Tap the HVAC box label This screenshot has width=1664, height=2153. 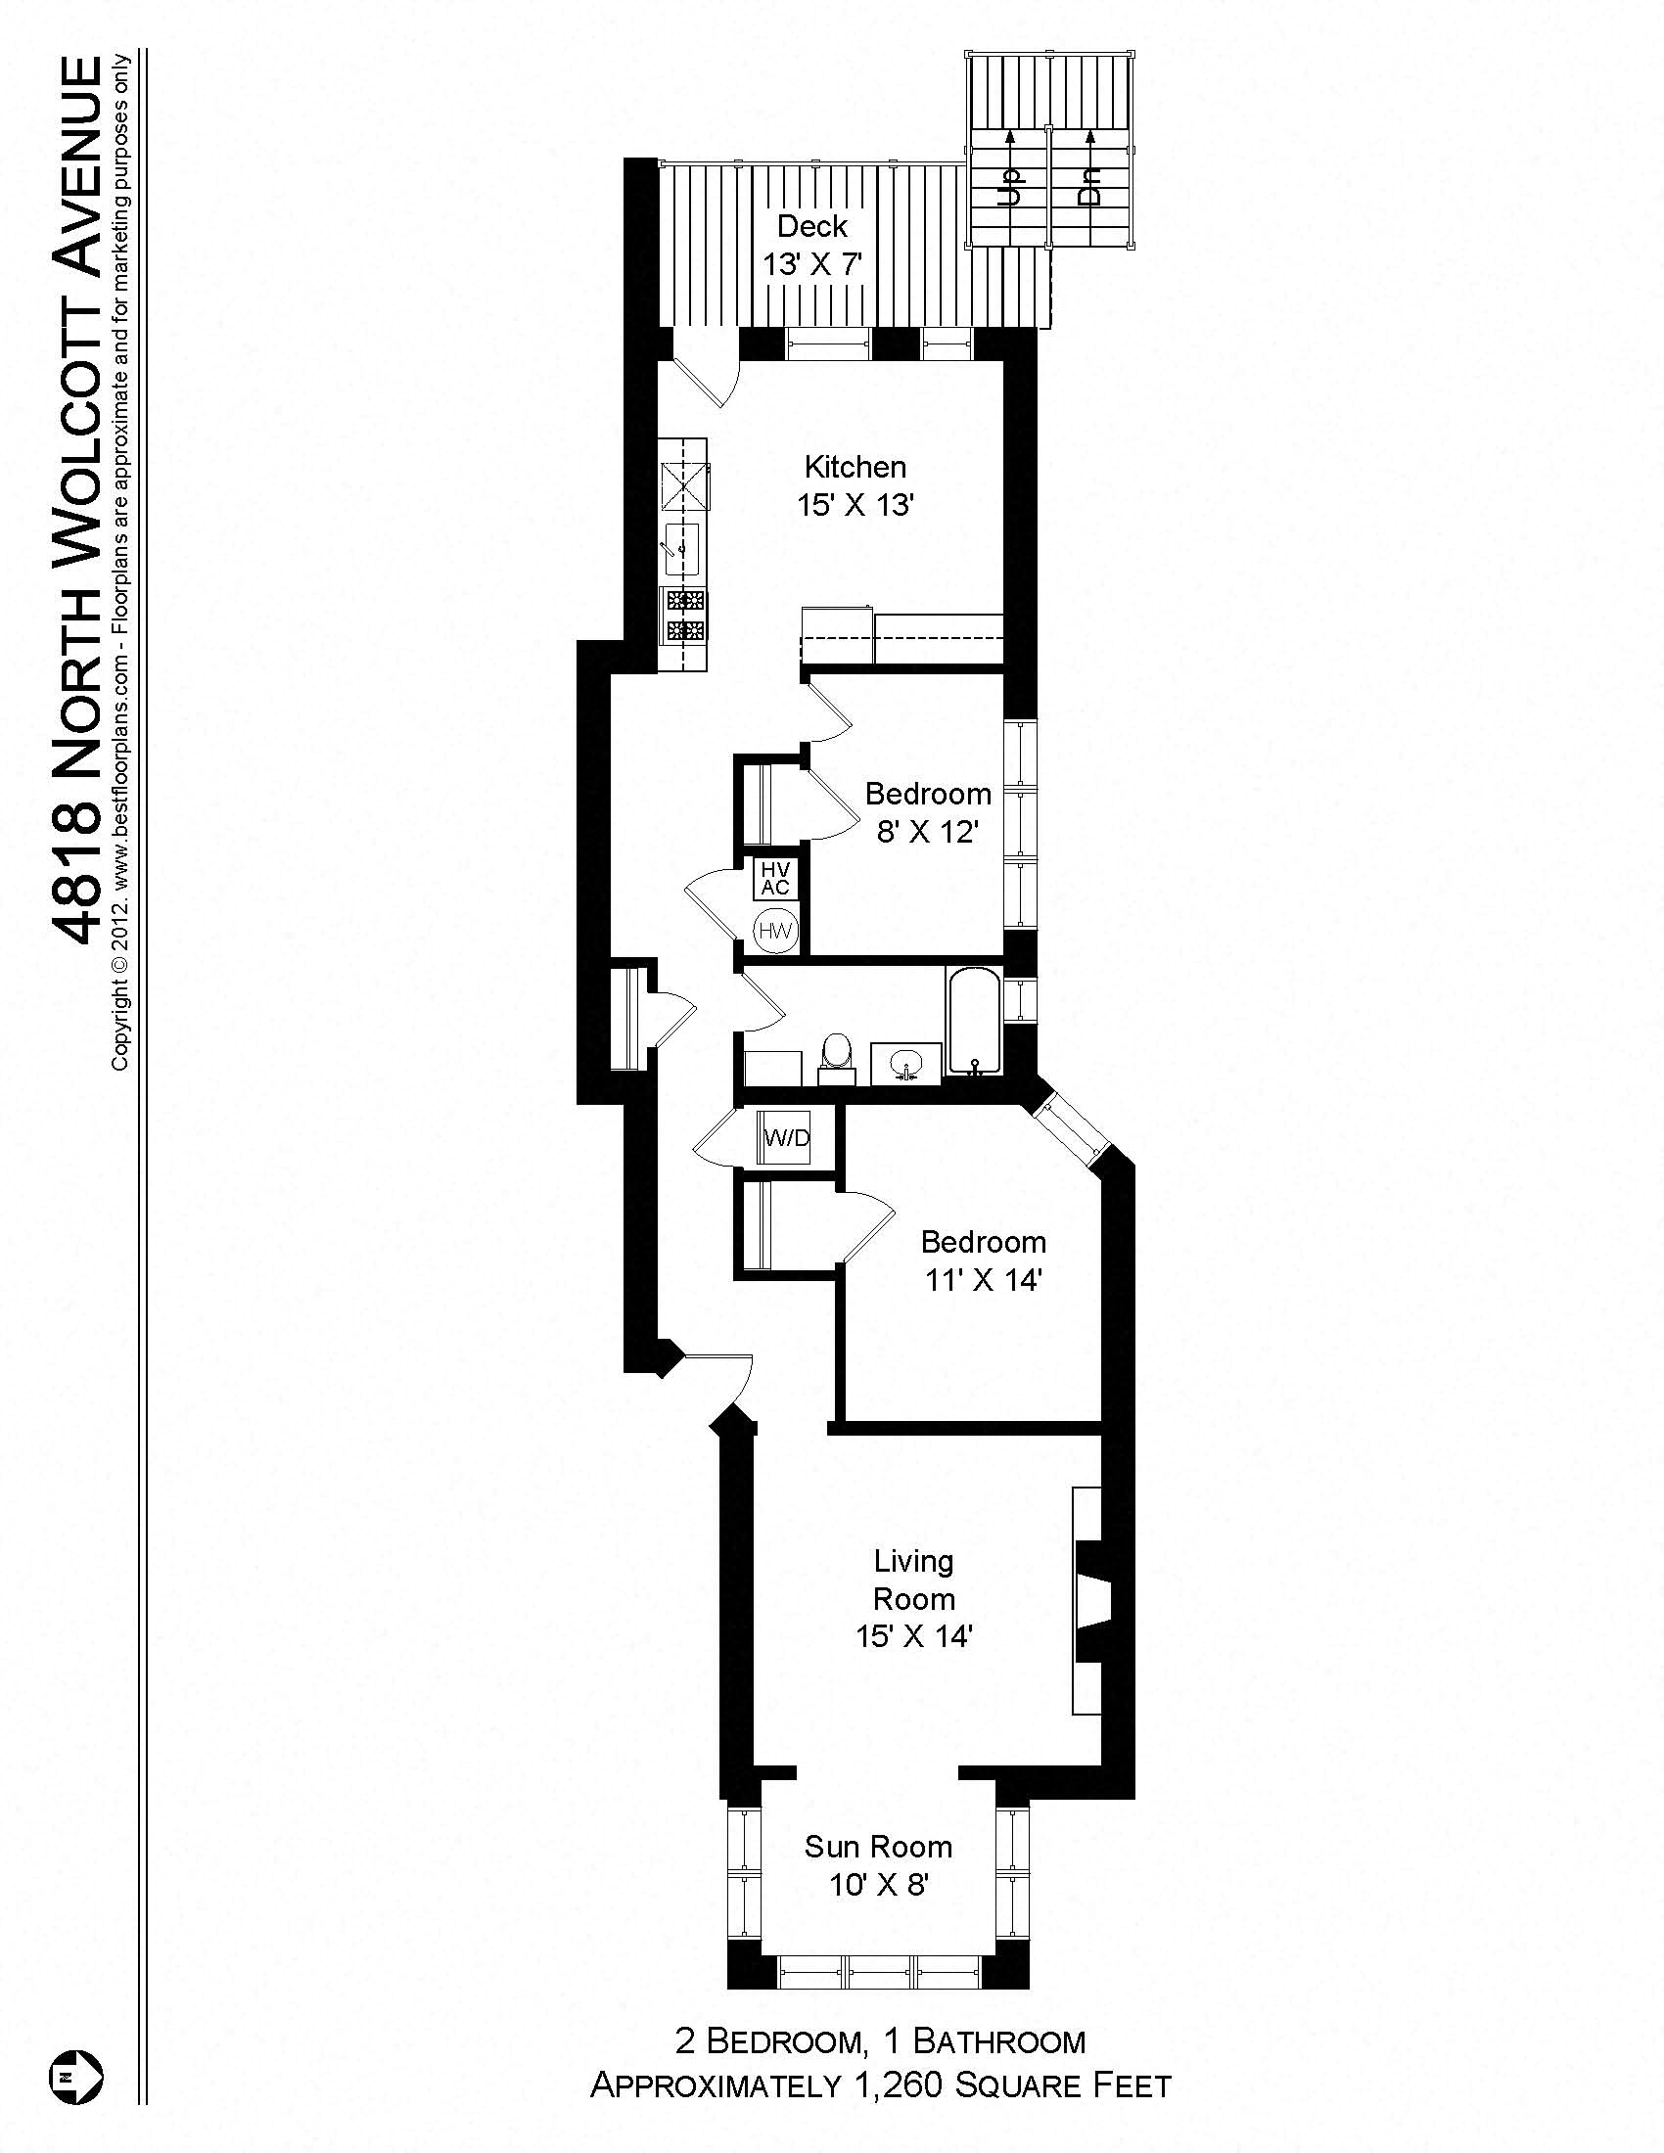[776, 878]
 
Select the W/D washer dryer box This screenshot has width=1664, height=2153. [786, 1138]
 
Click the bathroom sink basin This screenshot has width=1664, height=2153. [905, 1064]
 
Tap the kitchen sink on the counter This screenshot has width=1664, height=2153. [681, 548]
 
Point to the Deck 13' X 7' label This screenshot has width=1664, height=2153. [812, 246]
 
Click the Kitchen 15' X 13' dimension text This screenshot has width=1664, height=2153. [855, 506]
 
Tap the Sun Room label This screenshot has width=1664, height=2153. [877, 1846]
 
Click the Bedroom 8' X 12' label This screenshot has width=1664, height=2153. [928, 812]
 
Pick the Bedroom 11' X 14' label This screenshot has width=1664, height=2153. [983, 1260]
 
